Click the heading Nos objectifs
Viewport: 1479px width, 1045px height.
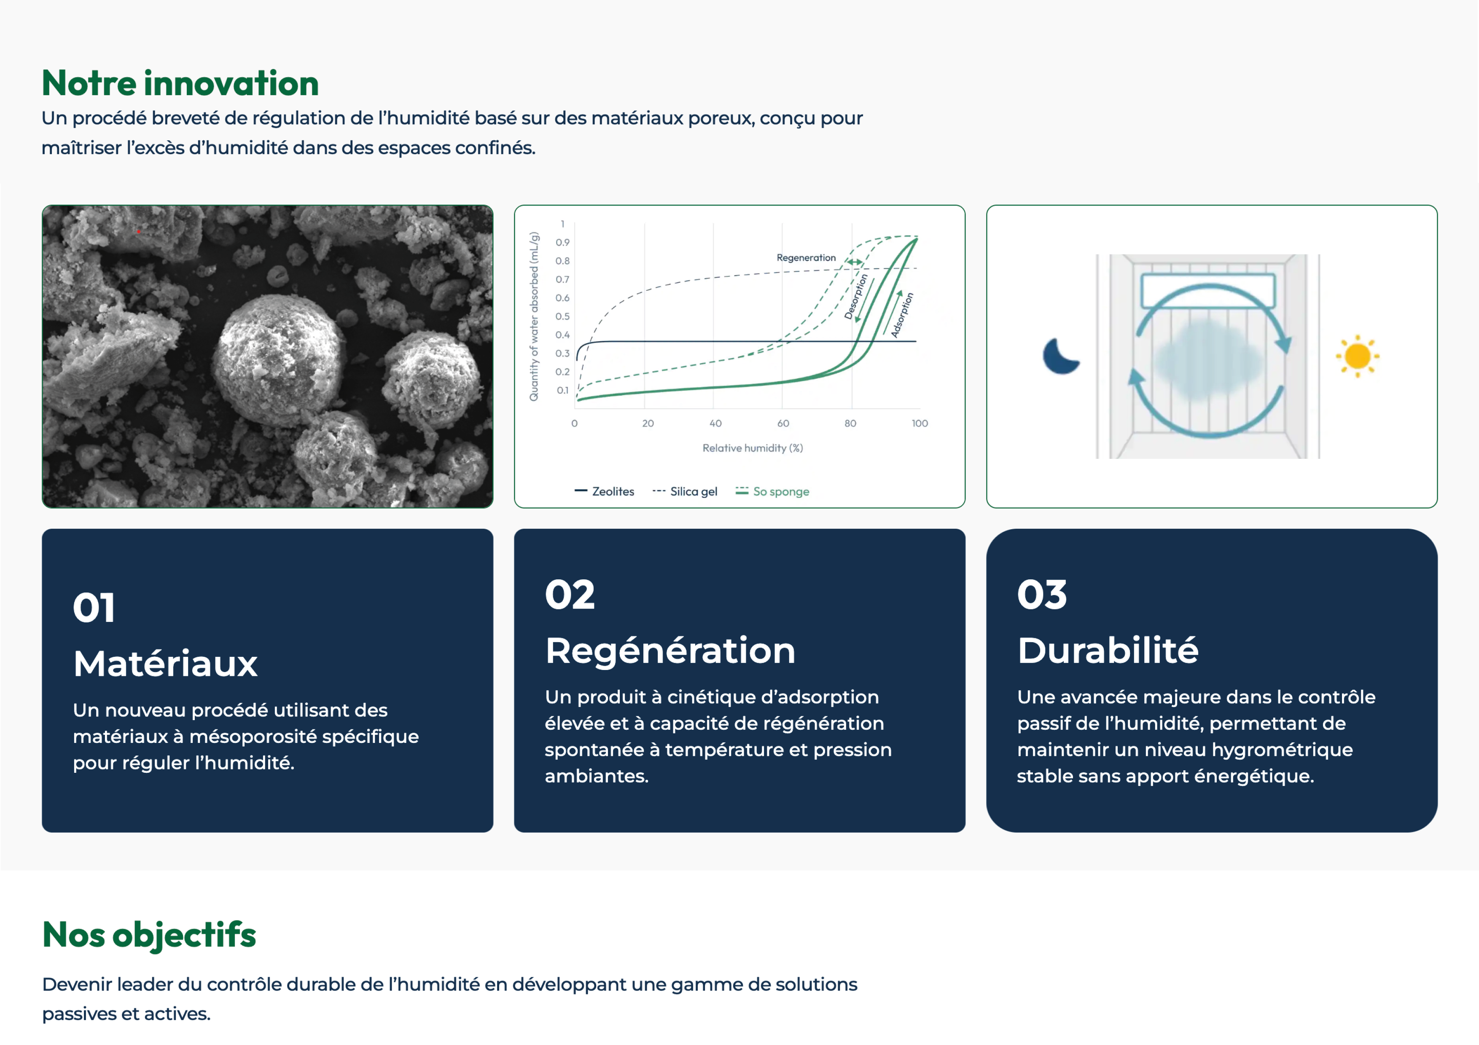click(x=149, y=935)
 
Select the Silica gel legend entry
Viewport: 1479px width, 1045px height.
click(x=685, y=491)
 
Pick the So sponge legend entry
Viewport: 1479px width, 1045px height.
click(x=772, y=491)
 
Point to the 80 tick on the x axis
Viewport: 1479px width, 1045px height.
click(x=850, y=423)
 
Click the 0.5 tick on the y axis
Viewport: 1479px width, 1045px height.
click(x=562, y=316)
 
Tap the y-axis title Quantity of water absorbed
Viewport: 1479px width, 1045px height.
click(x=534, y=316)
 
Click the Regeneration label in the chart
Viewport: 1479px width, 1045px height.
click(x=806, y=257)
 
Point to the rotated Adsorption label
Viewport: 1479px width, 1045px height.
click(x=902, y=315)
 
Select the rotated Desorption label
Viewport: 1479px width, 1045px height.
click(x=856, y=296)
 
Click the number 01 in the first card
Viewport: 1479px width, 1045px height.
click(x=94, y=607)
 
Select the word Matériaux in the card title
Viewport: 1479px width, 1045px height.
click(x=166, y=663)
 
